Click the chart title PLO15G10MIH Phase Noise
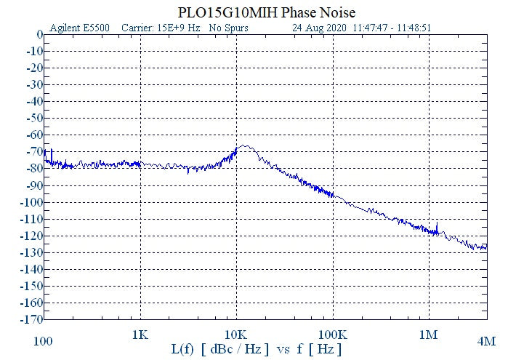(266, 13)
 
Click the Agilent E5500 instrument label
(79, 28)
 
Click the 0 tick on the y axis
(39, 34)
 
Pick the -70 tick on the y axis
(33, 151)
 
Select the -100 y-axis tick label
(31, 201)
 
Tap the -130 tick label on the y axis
(31, 252)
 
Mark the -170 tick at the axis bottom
(31, 319)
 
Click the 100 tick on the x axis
(44, 340)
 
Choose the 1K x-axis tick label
(140, 335)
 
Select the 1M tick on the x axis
(429, 335)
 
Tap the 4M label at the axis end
(486, 340)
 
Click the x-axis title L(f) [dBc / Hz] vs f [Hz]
(257, 350)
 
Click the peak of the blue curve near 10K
(245, 146)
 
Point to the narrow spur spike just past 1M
(437, 223)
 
